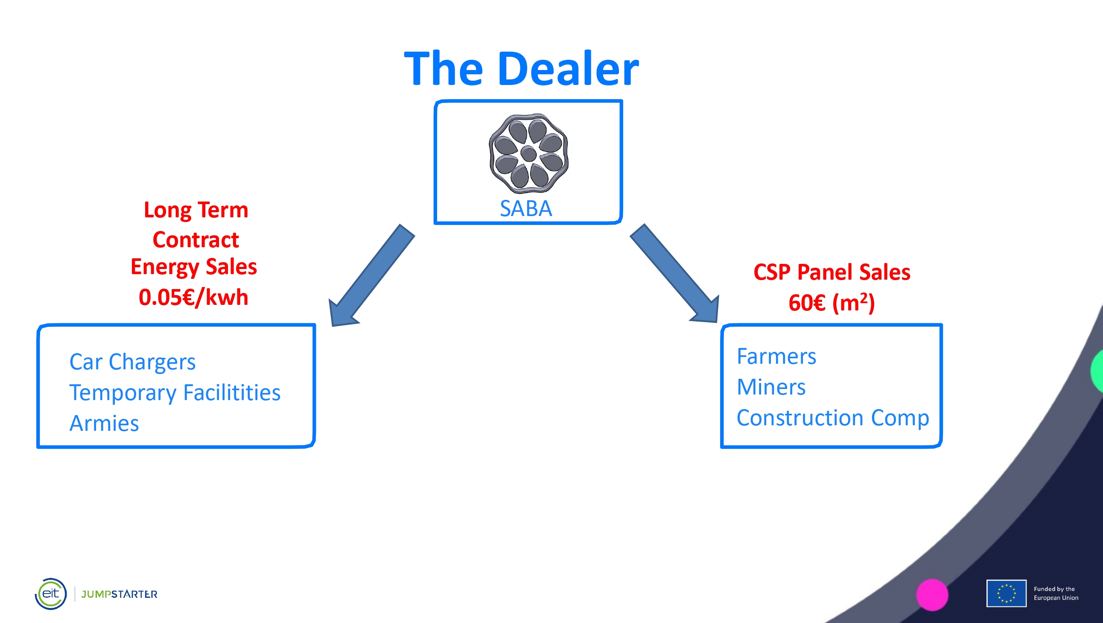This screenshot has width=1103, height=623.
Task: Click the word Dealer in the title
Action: click(x=568, y=69)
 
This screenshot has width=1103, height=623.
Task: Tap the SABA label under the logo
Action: click(x=526, y=209)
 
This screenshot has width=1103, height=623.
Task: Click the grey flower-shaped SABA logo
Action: click(x=528, y=153)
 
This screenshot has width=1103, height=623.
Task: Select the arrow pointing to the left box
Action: click(x=371, y=275)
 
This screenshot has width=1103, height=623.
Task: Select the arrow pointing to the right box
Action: click(x=675, y=273)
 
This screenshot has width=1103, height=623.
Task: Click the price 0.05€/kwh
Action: click(x=193, y=297)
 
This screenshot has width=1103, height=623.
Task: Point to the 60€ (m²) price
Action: click(x=832, y=302)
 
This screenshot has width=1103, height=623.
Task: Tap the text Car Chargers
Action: click(x=132, y=362)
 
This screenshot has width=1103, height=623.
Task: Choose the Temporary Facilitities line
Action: click(x=175, y=392)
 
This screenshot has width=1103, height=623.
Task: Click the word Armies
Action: click(x=104, y=423)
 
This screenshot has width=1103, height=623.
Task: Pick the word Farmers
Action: click(x=776, y=356)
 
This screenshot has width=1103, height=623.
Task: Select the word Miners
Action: click(x=771, y=387)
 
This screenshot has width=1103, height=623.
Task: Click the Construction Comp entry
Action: click(x=833, y=418)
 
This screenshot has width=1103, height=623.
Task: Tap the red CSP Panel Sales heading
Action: click(x=832, y=272)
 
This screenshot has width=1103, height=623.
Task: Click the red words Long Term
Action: click(x=196, y=210)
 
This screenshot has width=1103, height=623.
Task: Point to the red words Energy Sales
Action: click(x=193, y=266)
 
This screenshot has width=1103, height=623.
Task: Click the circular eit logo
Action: click(x=50, y=594)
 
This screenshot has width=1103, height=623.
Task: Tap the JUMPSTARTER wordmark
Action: click(x=119, y=594)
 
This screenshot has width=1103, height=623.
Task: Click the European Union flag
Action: click(x=1006, y=594)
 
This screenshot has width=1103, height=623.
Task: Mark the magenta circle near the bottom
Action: click(x=932, y=595)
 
